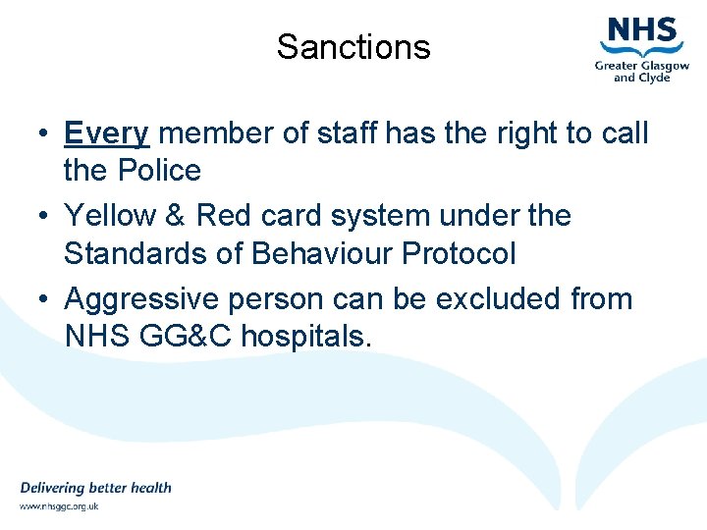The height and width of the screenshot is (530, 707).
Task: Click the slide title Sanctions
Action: [353, 47]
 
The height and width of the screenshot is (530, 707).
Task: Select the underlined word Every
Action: [106, 132]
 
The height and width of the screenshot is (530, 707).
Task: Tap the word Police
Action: [159, 171]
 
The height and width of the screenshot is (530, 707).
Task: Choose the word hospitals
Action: [306, 337]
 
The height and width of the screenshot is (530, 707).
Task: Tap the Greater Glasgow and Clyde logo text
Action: [641, 72]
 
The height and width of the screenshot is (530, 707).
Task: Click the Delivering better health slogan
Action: [95, 488]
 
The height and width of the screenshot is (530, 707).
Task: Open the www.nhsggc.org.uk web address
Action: [59, 506]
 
